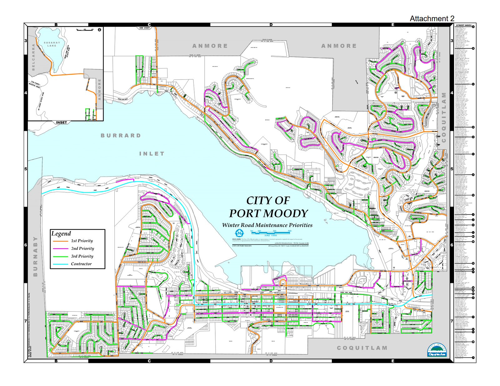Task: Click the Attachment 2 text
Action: tap(432, 19)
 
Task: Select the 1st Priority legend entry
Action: tap(82, 241)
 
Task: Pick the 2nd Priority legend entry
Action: tap(82, 249)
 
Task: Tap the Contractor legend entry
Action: tap(81, 264)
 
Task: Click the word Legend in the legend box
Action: tap(61, 234)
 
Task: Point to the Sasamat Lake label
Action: tap(52, 44)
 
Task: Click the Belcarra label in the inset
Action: tap(34, 57)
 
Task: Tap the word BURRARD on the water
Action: tap(121, 136)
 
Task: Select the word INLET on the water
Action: tap(152, 154)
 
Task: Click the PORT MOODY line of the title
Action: tap(268, 214)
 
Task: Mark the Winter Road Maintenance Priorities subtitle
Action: tap(267, 225)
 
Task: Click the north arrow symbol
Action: tap(239, 233)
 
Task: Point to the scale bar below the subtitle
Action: tap(271, 233)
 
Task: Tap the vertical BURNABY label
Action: tap(35, 256)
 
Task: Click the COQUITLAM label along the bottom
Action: tap(362, 348)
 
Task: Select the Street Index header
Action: tap(463, 25)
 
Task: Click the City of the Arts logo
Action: tap(437, 350)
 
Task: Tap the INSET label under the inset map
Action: tap(62, 122)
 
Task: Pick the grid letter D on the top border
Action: tap(271, 25)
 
